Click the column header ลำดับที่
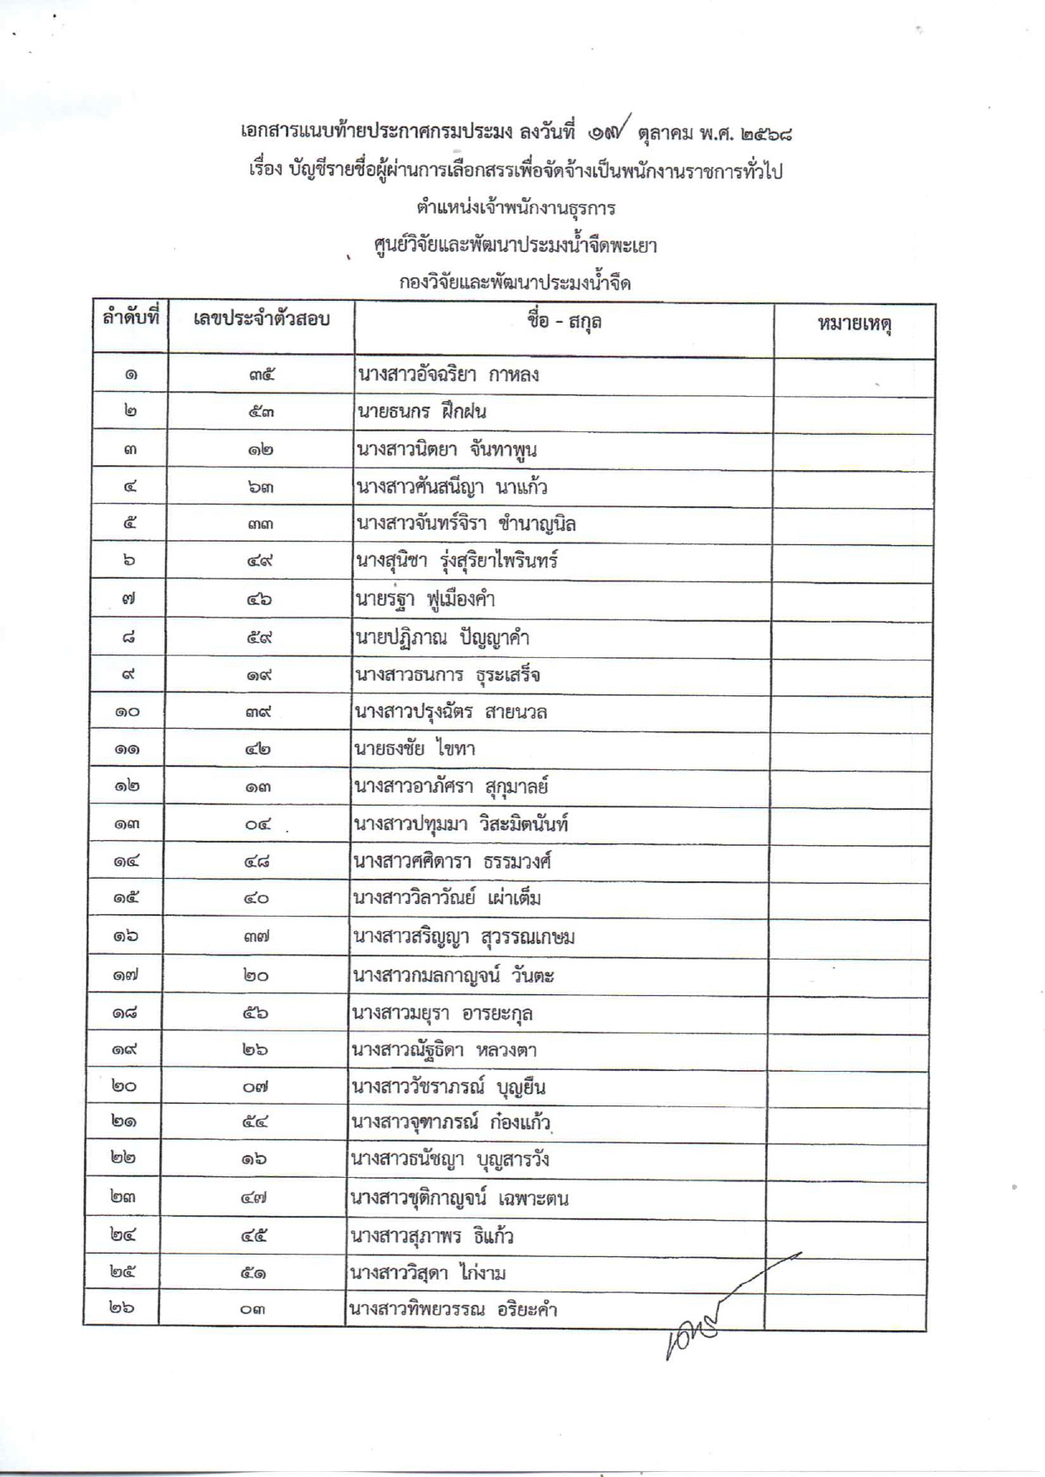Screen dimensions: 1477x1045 point(131,320)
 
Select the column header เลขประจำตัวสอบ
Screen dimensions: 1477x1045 point(260,320)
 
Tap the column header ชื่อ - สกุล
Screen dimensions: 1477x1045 point(564,322)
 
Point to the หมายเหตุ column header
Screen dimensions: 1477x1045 point(855,324)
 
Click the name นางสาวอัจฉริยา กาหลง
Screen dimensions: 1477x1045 point(447,375)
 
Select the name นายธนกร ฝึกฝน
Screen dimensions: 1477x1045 point(421,412)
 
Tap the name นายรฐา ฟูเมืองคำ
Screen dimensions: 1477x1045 point(426,600)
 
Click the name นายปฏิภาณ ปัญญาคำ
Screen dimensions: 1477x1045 point(442,638)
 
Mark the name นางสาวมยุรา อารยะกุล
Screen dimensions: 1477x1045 point(442,1013)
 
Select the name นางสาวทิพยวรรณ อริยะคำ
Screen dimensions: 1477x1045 point(453,1310)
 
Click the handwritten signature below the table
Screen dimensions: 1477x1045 point(716,1310)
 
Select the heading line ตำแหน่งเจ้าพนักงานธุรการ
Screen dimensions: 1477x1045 point(516,207)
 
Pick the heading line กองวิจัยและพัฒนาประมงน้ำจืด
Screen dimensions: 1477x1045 point(515,283)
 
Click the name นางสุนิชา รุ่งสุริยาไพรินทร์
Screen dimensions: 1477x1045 point(457,561)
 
